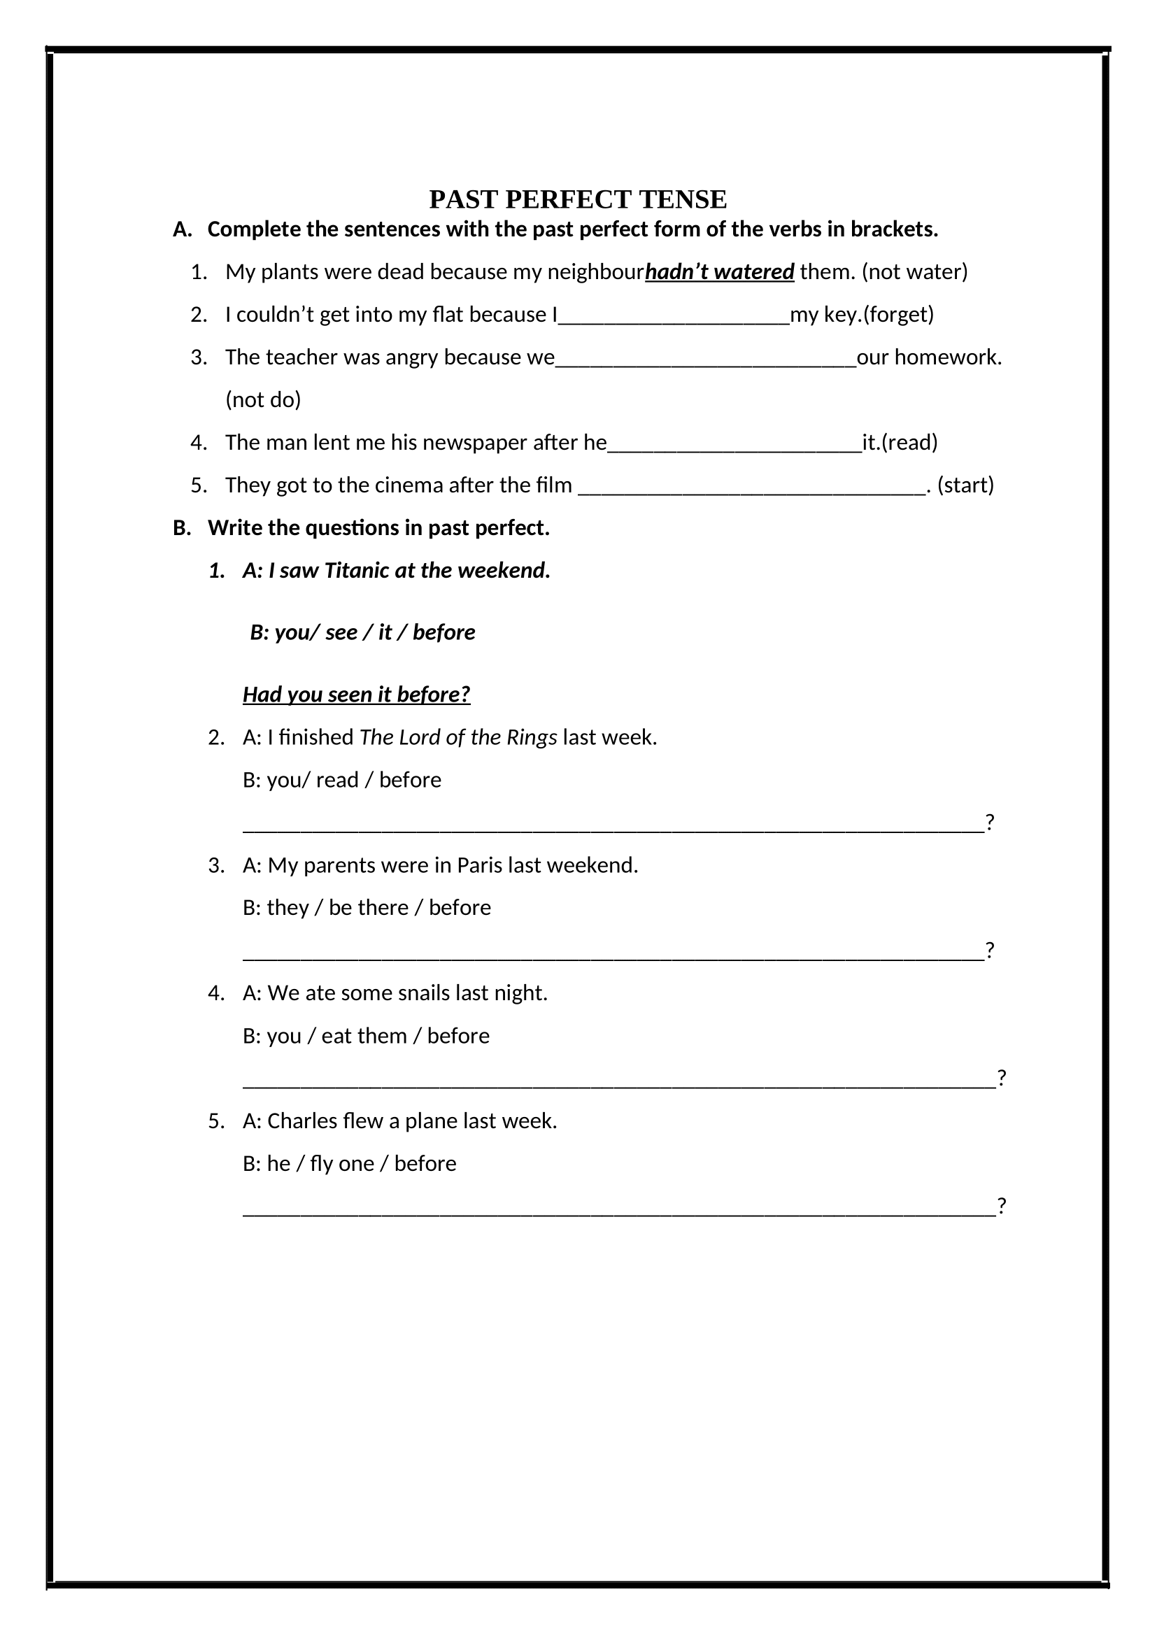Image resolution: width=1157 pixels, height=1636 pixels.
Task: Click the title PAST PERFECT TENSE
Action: coord(578,199)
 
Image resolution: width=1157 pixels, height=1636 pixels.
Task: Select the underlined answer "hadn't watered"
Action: coord(720,272)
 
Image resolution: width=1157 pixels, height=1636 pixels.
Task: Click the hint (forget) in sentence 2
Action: coord(898,315)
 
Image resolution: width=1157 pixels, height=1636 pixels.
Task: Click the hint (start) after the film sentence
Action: coord(965,485)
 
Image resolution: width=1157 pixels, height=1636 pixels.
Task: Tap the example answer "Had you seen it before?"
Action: coord(356,695)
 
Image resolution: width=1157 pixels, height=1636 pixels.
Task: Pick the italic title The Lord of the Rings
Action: coord(458,737)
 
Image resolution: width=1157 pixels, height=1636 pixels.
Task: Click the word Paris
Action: coord(478,865)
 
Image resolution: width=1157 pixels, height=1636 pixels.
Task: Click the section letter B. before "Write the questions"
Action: coord(182,528)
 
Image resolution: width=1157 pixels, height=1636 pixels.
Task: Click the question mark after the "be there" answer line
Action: coord(990,950)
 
